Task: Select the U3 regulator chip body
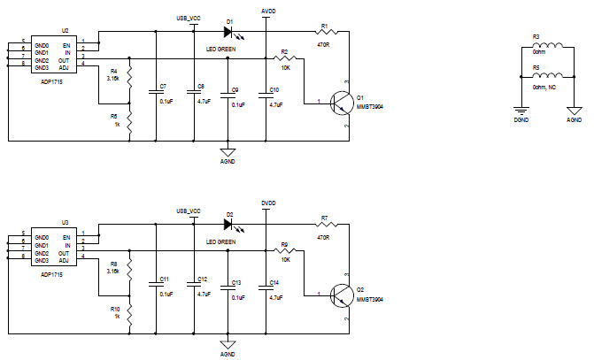pyautogui.click(x=54, y=249)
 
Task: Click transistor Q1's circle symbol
pyautogui.click(x=341, y=103)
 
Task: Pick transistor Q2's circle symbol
pyautogui.click(x=341, y=296)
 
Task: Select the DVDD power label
pyautogui.click(x=269, y=203)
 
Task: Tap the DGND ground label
pyautogui.click(x=521, y=118)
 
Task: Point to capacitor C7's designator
pyautogui.click(x=162, y=87)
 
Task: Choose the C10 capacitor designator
pyautogui.click(x=274, y=90)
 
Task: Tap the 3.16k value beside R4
pyautogui.click(x=112, y=78)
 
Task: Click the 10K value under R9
pyautogui.click(x=285, y=259)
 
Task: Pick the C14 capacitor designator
pyautogui.click(x=274, y=282)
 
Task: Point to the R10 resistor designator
pyautogui.click(x=115, y=309)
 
